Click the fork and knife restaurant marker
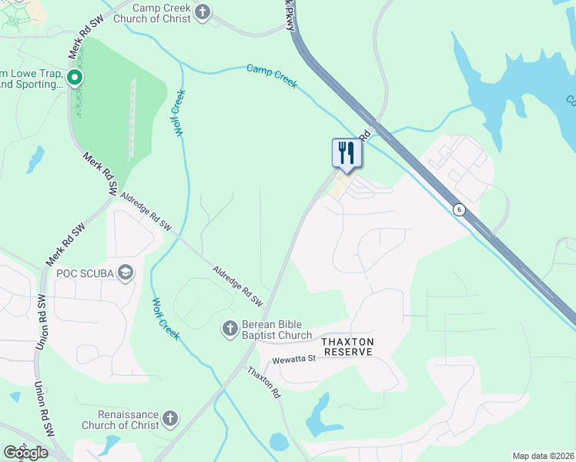click(x=346, y=152)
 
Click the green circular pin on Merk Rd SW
click(x=74, y=77)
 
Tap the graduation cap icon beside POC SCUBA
click(x=126, y=273)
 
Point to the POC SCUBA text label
click(x=85, y=273)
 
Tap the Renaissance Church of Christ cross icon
click(x=169, y=419)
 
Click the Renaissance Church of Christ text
click(x=120, y=420)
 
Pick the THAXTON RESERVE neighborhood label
click(x=347, y=346)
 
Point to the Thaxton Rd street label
click(x=264, y=382)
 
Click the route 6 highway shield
click(x=458, y=209)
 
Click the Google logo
click(x=25, y=452)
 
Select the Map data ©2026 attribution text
click(x=542, y=456)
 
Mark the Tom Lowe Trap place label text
click(x=31, y=77)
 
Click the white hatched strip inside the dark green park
click(x=132, y=115)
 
